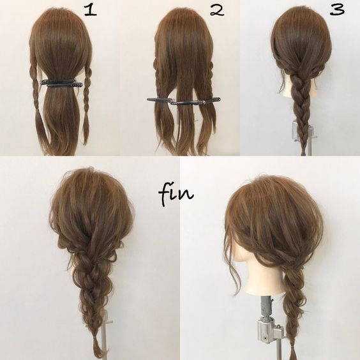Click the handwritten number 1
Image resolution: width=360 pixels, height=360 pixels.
tap(91, 11)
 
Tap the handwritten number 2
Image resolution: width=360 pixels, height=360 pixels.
tap(217, 11)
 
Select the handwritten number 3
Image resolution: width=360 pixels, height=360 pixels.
tap(338, 9)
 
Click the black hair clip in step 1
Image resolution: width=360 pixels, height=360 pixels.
tap(61, 83)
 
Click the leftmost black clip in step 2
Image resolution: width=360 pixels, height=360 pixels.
tap(160, 100)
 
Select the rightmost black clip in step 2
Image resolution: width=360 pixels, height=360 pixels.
tap(212, 100)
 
